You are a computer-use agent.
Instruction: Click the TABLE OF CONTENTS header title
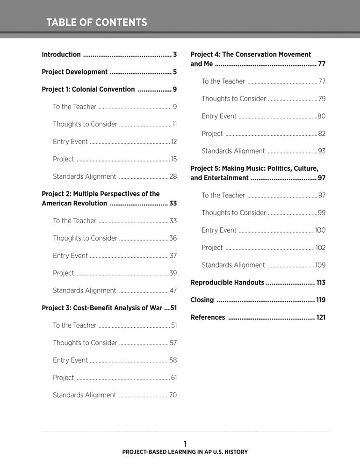tap(97, 22)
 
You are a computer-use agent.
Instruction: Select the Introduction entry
tap(61, 54)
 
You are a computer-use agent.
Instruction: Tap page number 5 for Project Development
tap(174, 72)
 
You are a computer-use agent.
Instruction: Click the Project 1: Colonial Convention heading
tap(88, 89)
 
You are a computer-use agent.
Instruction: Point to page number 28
tap(173, 176)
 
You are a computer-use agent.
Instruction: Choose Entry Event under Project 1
tap(70, 141)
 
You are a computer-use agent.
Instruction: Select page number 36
tap(173, 238)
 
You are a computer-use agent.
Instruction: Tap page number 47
tap(173, 291)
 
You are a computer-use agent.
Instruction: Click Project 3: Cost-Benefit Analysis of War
tap(102, 308)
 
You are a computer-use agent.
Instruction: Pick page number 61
tap(173, 378)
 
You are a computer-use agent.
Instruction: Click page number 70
tap(173, 395)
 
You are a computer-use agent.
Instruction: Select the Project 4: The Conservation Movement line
tap(251, 54)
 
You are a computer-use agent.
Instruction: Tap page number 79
tap(322, 99)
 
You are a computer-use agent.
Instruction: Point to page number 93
tap(322, 151)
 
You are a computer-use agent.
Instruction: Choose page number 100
tap(320, 230)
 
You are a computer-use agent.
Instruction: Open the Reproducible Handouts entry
tap(227, 283)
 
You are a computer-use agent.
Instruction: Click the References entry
tap(208, 317)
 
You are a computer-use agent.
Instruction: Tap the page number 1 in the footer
tap(185, 443)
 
